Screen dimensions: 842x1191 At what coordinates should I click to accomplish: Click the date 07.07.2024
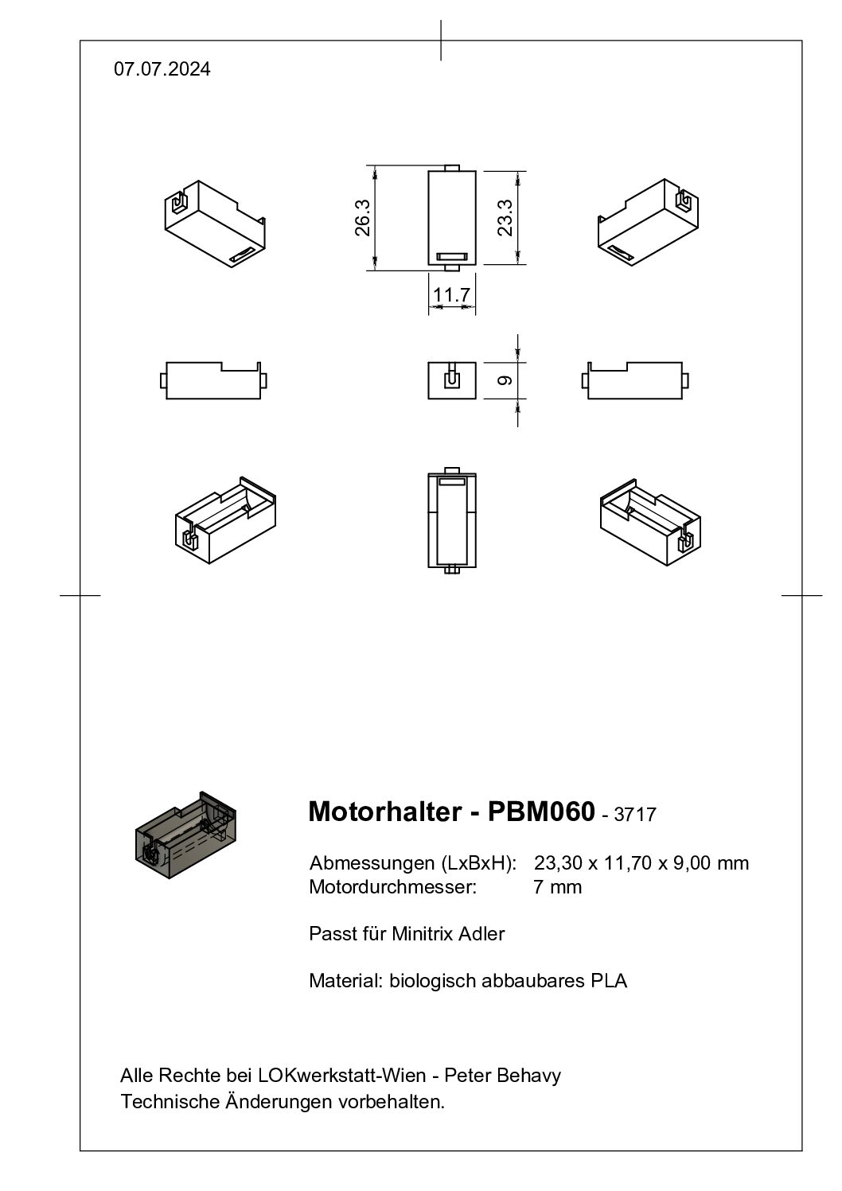pos(162,69)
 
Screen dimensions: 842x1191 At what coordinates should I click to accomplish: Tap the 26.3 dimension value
pos(363,217)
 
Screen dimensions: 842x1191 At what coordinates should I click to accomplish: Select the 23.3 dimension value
pos(505,217)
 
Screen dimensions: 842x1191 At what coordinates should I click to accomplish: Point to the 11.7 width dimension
pos(451,294)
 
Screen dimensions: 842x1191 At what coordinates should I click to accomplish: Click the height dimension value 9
pos(505,380)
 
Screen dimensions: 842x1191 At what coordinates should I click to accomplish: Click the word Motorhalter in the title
pos(385,812)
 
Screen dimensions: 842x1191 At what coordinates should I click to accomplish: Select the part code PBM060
pos(541,812)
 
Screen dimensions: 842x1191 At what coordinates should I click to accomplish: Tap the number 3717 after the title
pos(635,815)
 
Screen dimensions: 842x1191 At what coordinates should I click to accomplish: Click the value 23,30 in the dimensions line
pos(559,863)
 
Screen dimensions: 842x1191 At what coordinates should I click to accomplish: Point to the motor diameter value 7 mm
pos(557,887)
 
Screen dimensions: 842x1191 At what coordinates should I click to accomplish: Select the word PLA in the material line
pos(609,980)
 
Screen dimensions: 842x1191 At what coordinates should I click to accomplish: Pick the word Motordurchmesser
pos(392,887)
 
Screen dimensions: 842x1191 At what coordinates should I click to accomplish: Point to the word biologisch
pos(432,981)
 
